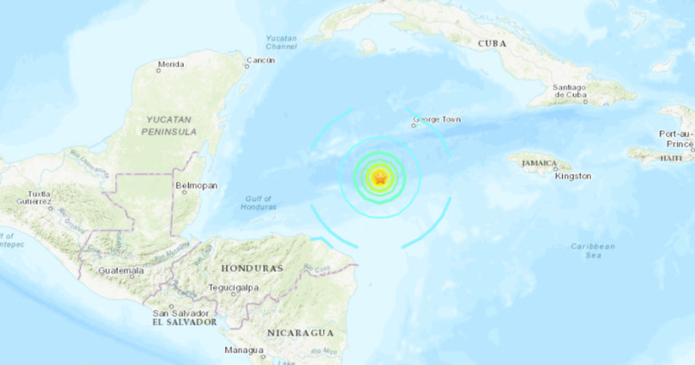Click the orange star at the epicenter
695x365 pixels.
[380, 178]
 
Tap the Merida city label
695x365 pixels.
[171, 64]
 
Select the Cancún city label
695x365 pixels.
[261, 60]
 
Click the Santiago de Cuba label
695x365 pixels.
[570, 91]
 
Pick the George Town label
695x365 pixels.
[433, 119]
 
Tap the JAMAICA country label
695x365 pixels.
[539, 164]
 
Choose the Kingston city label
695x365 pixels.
[572, 177]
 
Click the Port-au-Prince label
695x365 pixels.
[676, 139]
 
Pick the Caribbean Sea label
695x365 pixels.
[593, 251]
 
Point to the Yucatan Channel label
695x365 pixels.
[281, 42]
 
